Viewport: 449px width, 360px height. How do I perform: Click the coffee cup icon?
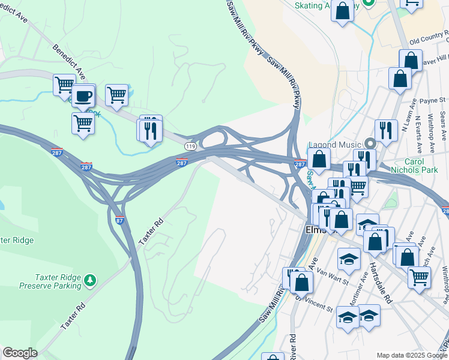click(x=83, y=96)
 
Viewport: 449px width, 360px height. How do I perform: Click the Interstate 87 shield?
click(x=119, y=220)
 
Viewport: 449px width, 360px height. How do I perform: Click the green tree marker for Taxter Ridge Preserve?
click(x=90, y=280)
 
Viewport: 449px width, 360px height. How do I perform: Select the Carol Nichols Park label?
click(x=413, y=166)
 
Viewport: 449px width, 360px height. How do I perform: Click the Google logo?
click(x=20, y=353)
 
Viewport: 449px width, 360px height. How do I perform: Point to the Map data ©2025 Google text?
click(x=411, y=355)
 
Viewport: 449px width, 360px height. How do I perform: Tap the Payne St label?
click(x=432, y=100)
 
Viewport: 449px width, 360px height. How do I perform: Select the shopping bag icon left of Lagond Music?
click(x=319, y=160)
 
